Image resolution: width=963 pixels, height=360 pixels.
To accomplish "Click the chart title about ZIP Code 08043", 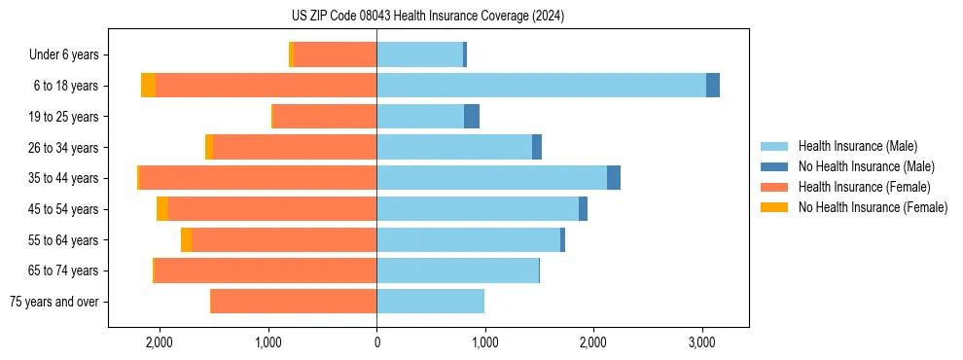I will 427,16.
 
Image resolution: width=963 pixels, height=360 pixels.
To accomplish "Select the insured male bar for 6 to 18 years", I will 541,86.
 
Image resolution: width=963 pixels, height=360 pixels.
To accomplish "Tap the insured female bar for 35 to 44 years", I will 258,178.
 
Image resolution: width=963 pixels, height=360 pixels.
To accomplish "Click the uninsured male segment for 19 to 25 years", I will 472,117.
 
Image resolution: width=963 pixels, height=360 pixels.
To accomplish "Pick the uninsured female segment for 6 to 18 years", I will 148,86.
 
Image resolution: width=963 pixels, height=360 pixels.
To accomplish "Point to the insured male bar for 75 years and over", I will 430,302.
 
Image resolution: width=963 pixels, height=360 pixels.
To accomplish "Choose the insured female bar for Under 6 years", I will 335,54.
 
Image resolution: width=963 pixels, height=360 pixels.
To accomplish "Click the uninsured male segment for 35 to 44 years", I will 614,178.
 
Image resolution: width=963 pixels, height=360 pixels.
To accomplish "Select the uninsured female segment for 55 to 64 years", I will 186,239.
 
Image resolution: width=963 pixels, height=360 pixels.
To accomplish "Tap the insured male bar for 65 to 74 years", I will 457,270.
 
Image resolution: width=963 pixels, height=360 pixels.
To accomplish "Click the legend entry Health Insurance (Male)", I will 857,146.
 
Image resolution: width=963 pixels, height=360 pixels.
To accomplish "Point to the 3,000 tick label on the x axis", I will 702,342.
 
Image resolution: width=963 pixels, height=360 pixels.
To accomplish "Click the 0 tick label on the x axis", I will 376,342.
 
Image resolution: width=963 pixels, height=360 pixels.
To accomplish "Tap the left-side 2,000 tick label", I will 160,342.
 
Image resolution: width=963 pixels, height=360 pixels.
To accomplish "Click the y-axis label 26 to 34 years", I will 63,148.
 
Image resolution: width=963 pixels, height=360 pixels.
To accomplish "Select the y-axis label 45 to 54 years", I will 63,209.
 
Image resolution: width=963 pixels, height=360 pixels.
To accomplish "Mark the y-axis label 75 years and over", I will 54,302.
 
